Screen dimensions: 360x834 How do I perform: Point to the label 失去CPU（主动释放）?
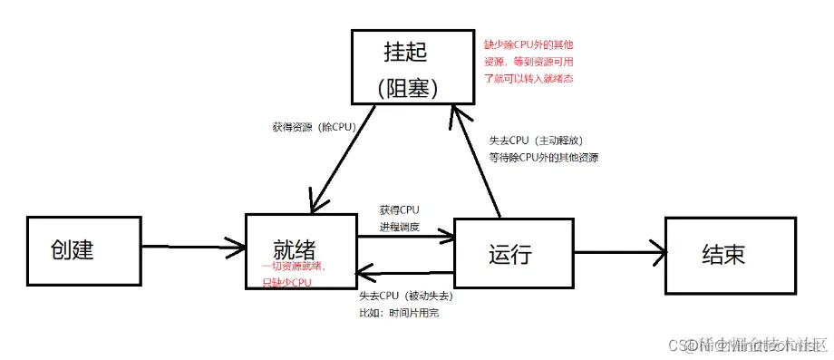(542, 141)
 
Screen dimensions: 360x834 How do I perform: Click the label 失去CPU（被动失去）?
(406, 296)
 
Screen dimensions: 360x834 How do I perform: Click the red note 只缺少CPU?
(280, 282)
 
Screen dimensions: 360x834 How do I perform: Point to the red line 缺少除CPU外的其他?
(530, 44)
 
